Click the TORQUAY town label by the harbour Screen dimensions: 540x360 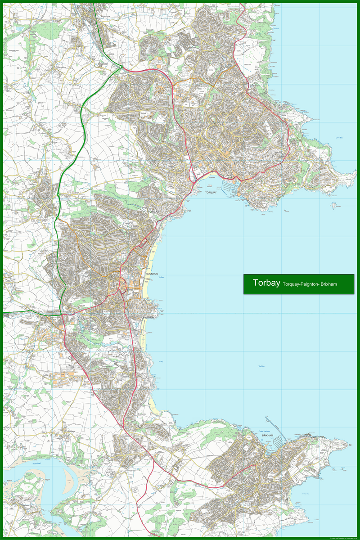point(211,192)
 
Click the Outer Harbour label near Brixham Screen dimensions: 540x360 point(264,432)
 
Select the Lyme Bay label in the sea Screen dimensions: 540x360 point(339,138)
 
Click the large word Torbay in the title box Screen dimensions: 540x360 point(266,283)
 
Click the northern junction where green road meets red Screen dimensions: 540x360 point(122,68)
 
